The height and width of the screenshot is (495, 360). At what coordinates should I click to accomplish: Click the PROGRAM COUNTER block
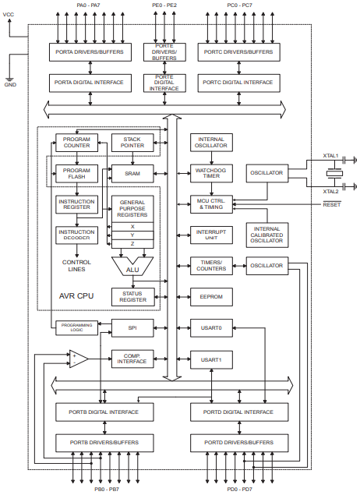point(76,142)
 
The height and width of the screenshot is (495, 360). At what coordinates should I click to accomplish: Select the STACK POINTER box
point(133,142)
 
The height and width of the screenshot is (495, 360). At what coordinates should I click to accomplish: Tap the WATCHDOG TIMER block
point(207,172)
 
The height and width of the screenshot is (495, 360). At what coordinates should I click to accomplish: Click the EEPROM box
point(207,297)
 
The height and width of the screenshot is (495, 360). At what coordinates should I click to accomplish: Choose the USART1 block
point(207,359)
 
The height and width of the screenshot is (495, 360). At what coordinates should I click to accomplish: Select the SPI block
point(133,328)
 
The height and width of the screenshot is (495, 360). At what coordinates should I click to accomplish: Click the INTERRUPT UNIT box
point(207,235)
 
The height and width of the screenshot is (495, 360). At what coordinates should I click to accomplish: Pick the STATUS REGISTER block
point(133,296)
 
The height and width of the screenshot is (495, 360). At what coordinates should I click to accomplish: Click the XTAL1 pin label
point(330,156)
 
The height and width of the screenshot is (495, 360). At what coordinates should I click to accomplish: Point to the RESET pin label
point(331,203)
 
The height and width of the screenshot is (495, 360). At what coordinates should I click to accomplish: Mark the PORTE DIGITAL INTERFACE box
point(164,83)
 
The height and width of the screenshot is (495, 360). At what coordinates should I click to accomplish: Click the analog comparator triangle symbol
point(79,359)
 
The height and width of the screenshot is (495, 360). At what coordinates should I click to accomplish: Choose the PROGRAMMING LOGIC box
point(76,328)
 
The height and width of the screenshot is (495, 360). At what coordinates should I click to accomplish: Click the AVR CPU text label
point(77,297)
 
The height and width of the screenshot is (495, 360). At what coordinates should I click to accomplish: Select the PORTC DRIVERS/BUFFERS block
point(238,52)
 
